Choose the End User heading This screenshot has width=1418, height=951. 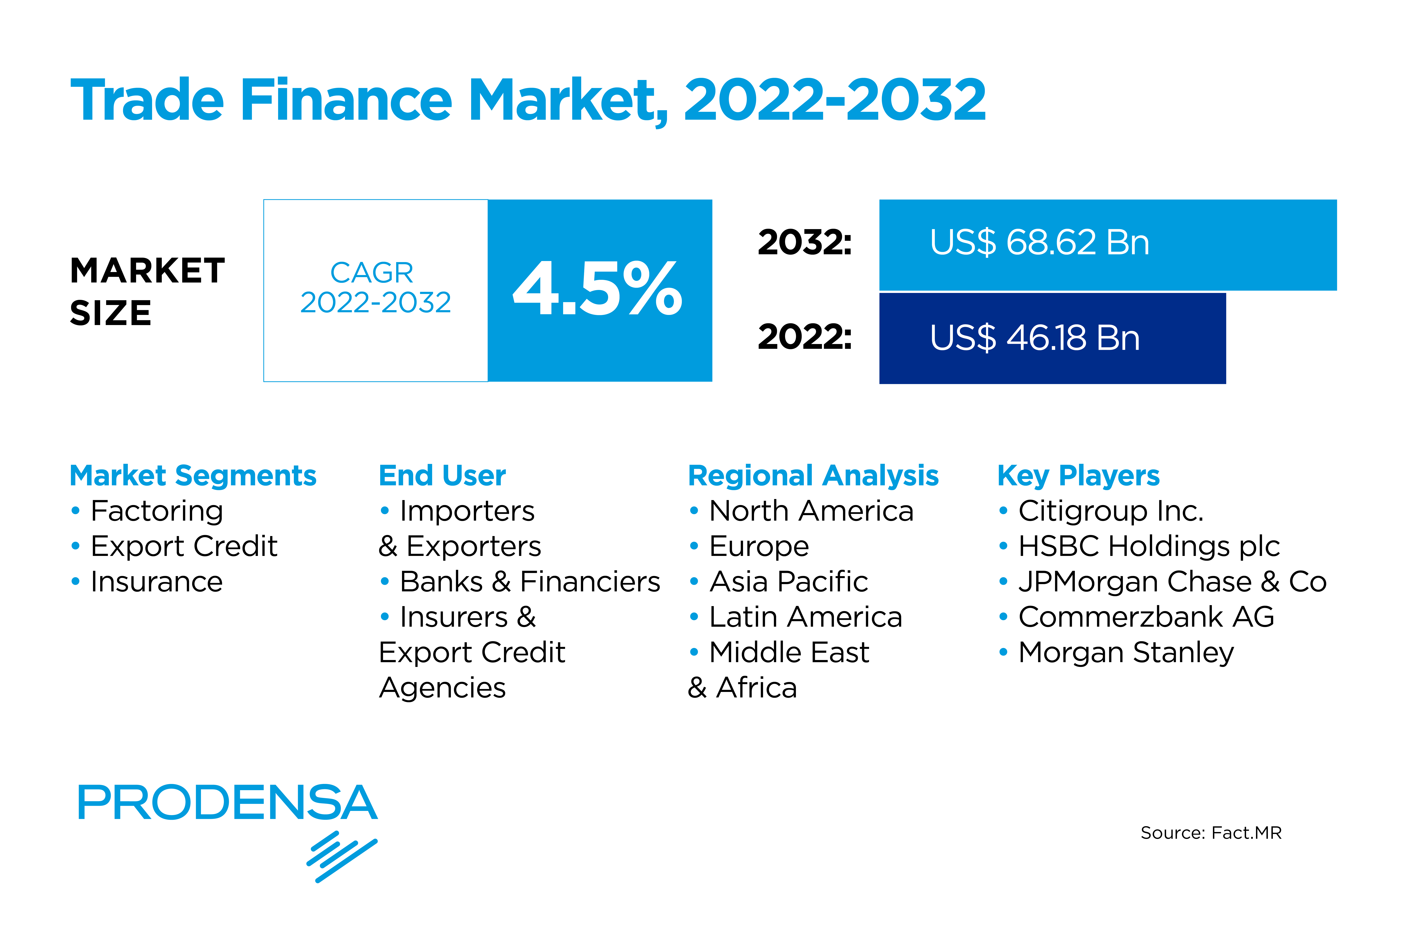coord(442,476)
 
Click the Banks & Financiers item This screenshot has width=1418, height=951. coord(530,582)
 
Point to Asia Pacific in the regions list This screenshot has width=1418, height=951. coord(789,582)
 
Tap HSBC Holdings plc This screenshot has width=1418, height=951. coord(1149,547)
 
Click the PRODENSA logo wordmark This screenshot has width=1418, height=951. coord(227,802)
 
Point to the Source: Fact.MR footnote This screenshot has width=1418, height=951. coord(1211,833)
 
